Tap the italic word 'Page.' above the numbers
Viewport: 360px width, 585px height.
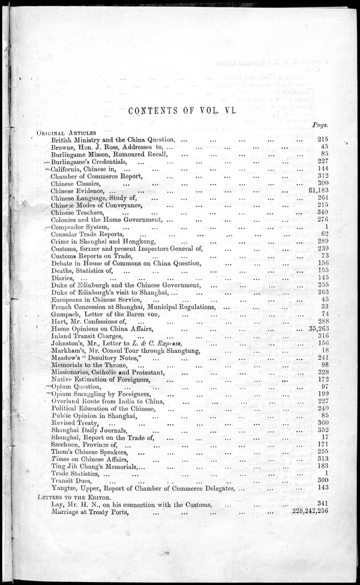(323, 124)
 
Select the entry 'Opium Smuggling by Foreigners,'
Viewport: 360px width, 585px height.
(101, 395)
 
